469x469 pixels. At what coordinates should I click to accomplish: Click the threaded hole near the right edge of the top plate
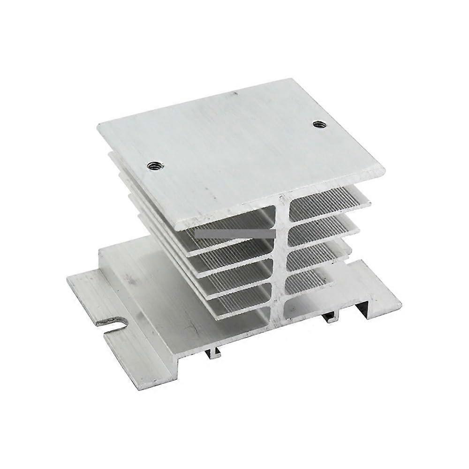320,124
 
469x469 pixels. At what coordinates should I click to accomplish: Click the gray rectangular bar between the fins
234,233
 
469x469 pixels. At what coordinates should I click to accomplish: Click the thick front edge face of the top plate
281,202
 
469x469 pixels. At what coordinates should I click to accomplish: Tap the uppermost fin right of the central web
328,197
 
